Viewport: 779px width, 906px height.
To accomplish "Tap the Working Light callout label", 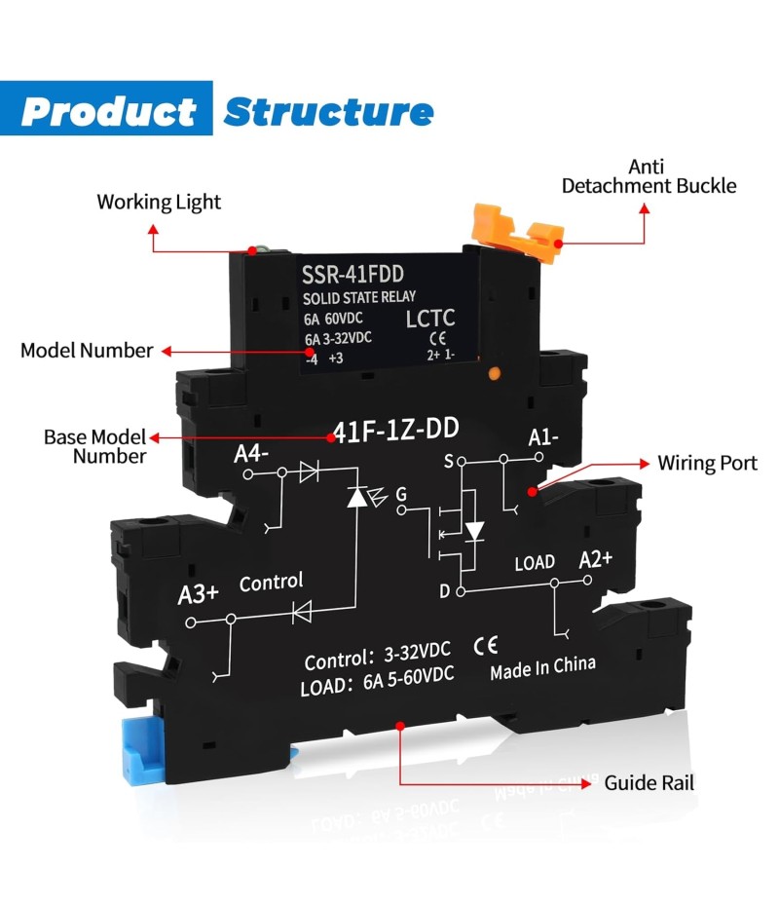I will coord(159,203).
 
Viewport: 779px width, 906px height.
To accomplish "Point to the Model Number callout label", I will coord(87,351).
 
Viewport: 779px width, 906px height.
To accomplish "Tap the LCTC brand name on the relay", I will coord(428,319).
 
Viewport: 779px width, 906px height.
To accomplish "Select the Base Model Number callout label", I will coord(94,446).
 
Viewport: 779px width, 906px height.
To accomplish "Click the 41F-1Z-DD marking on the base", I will coord(396,431).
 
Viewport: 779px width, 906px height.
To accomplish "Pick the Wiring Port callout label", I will coord(707,463).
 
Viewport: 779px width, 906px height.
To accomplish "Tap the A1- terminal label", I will coord(542,437).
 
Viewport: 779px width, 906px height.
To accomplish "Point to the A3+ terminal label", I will coord(198,594).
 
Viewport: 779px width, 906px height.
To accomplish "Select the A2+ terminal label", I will coord(595,559).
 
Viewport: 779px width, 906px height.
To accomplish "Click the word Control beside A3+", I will coord(271,582).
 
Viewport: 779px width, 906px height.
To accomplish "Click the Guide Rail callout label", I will coord(649,782).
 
